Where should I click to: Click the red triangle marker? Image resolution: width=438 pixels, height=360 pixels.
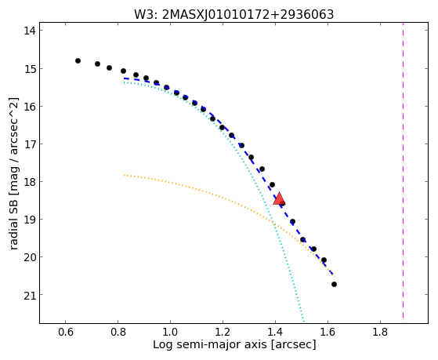[279, 198]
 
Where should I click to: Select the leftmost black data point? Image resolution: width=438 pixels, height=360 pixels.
[78, 60]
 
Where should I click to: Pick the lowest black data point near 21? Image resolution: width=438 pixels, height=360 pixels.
[334, 284]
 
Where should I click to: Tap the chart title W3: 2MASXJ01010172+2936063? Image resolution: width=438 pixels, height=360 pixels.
[234, 14]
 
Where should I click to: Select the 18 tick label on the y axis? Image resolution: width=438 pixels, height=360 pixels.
[30, 182]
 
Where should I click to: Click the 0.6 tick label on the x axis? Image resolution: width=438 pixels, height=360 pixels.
[65, 332]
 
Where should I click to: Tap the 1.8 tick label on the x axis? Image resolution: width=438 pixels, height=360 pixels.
[380, 332]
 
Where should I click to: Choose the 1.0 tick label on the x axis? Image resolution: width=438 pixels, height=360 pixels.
[170, 332]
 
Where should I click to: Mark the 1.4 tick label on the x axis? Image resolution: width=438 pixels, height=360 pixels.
[275, 332]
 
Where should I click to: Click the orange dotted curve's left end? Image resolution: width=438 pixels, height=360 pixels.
[125, 175]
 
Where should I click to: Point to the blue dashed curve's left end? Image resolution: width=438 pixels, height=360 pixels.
[125, 78]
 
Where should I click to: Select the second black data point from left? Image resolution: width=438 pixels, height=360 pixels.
[97, 64]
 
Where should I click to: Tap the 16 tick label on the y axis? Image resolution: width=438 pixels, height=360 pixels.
[30, 107]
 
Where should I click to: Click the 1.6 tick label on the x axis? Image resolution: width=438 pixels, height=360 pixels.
[328, 332]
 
